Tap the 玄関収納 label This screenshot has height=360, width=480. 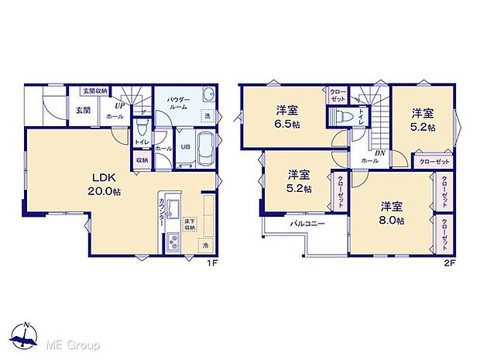[96, 91]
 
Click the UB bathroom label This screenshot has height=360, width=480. [186, 146]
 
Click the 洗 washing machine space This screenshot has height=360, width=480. [207, 116]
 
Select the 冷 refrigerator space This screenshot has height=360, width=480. [206, 245]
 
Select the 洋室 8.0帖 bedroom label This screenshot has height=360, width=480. [392, 213]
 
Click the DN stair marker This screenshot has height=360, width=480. [380, 153]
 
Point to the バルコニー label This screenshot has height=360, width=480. [307, 224]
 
